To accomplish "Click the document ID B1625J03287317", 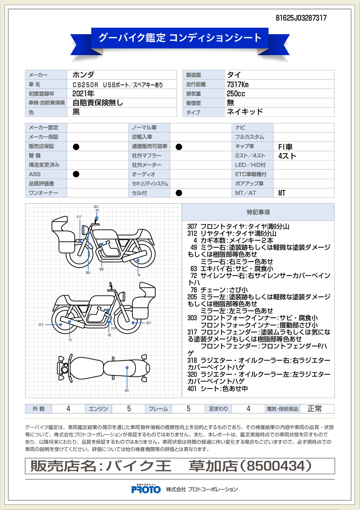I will [x=301, y=18].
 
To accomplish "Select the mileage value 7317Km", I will [x=238, y=84].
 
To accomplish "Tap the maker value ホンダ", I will [x=83, y=75].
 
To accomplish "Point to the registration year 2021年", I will [x=83, y=93].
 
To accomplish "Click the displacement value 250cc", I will [x=236, y=94].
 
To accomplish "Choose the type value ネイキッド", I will [x=245, y=112].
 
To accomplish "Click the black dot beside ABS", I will [x=76, y=174].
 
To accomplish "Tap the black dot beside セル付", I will [x=179, y=193].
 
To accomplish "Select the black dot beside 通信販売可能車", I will [x=179, y=147].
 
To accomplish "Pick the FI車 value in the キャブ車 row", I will [x=285, y=147].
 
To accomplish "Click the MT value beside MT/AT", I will [x=282, y=193].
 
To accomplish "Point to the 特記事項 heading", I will [x=258, y=212].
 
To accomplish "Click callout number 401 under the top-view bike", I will [x=127, y=391].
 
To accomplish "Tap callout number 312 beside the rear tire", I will [x=41, y=325].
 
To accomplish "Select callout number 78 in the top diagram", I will [x=139, y=275].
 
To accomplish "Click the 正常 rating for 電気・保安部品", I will [x=314, y=409].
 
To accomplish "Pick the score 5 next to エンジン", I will [x=129, y=409].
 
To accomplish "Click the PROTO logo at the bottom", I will [x=146, y=489].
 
